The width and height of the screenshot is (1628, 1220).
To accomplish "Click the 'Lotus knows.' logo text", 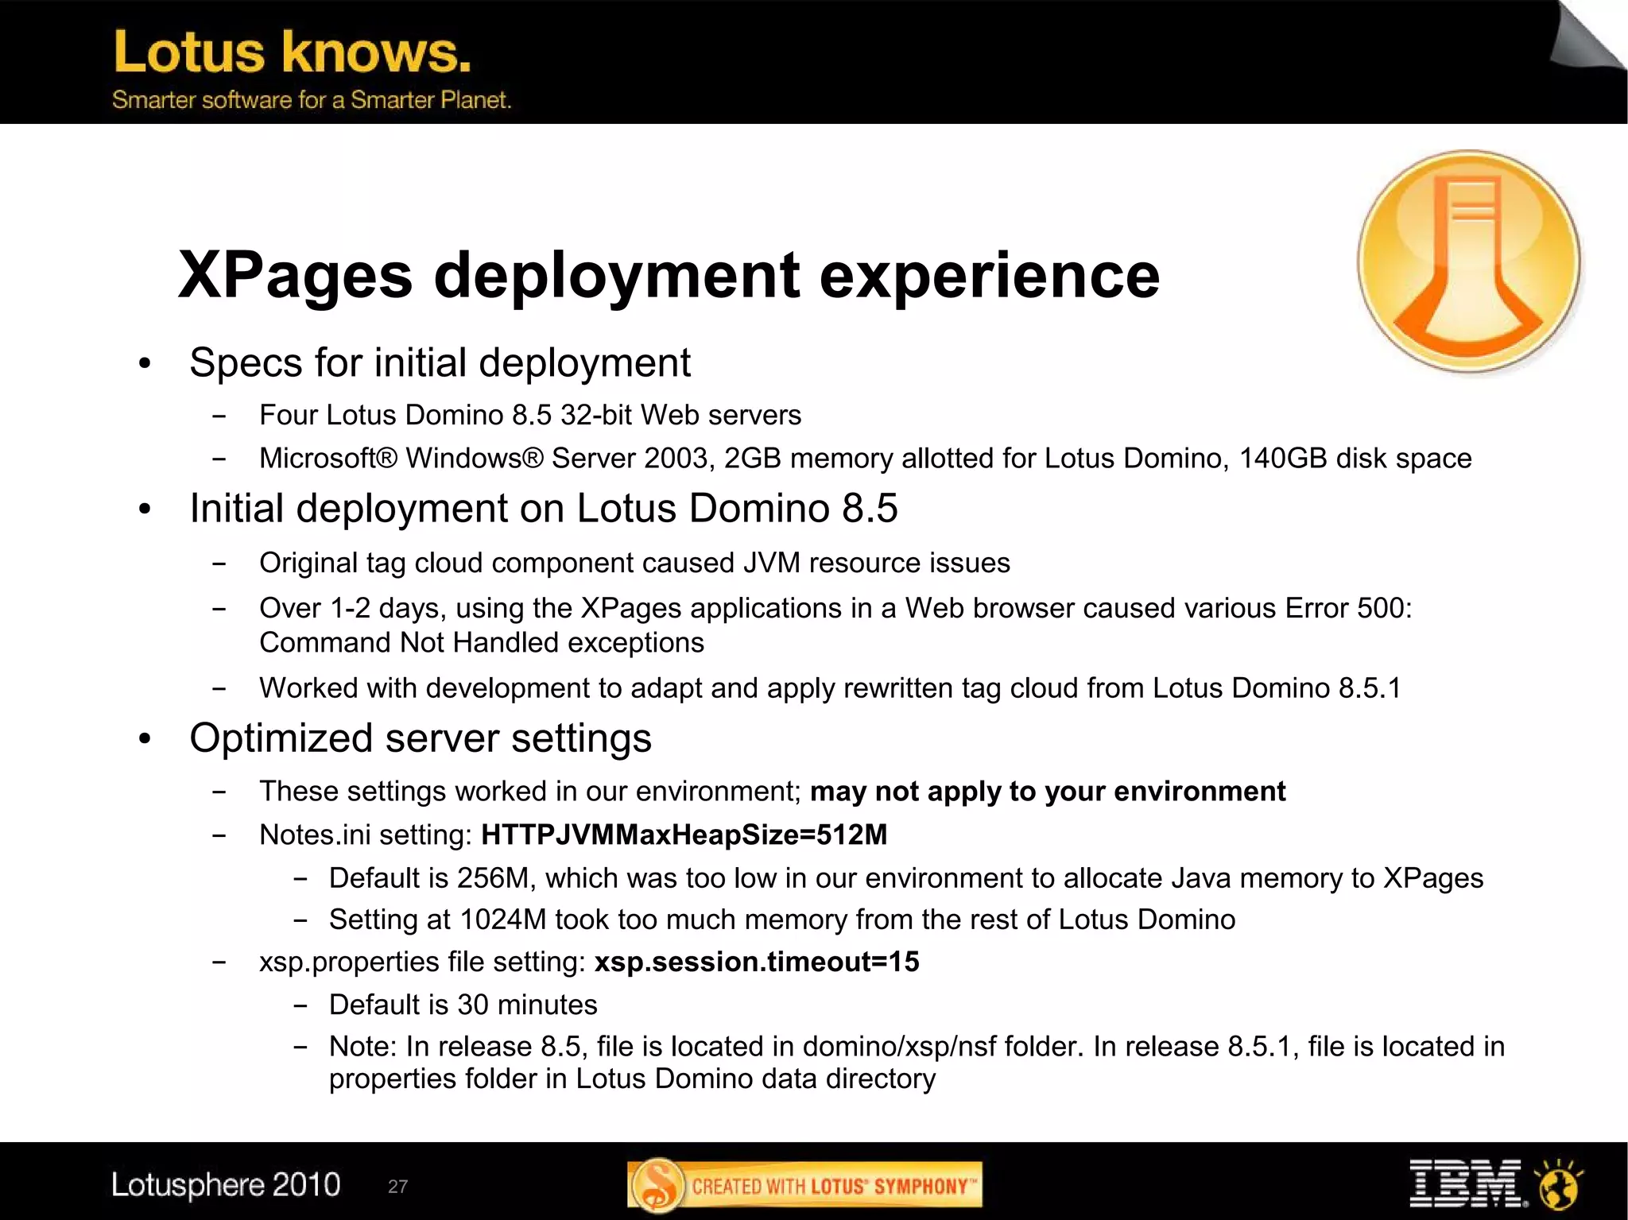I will (293, 52).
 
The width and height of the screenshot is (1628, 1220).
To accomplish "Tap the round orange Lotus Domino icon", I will (1469, 261).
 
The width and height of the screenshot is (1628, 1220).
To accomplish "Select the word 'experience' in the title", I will (989, 275).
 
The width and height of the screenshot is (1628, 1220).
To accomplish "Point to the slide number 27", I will (397, 1187).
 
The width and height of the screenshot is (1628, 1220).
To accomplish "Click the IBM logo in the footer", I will (1465, 1184).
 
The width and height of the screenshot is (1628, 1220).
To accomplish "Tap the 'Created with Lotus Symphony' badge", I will (804, 1186).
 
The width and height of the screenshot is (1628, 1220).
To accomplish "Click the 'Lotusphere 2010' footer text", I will (226, 1185).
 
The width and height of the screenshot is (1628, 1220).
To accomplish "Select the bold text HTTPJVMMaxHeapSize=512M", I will (684, 835).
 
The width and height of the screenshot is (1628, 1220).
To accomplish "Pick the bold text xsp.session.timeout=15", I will (757, 962).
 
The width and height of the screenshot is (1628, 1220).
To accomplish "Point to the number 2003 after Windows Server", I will (679, 459).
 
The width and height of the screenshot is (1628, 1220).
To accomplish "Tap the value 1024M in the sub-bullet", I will (502, 920).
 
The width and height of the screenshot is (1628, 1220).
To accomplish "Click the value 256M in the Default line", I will (493, 878).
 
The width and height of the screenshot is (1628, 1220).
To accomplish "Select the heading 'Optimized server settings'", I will (421, 738).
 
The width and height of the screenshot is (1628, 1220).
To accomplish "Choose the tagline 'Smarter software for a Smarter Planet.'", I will (312, 100).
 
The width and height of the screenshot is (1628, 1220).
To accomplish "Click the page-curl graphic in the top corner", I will (1586, 36).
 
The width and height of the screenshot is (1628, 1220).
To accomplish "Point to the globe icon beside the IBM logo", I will (1559, 1184).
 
